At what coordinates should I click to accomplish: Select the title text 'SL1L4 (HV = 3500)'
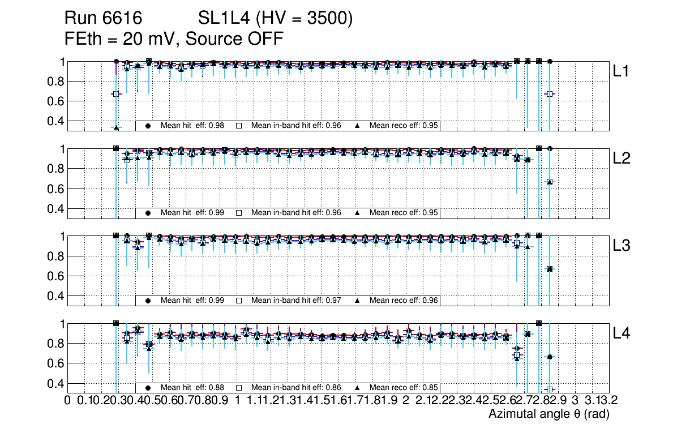(276, 19)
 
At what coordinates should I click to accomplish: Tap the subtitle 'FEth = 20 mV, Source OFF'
(174, 38)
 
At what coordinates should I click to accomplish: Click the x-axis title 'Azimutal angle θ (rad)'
(549, 414)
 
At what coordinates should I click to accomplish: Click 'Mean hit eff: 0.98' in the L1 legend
(192, 126)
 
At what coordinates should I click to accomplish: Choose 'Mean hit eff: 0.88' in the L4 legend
(192, 388)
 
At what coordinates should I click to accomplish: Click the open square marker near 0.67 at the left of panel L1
(116, 94)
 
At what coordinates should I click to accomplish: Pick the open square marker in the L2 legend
(239, 213)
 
